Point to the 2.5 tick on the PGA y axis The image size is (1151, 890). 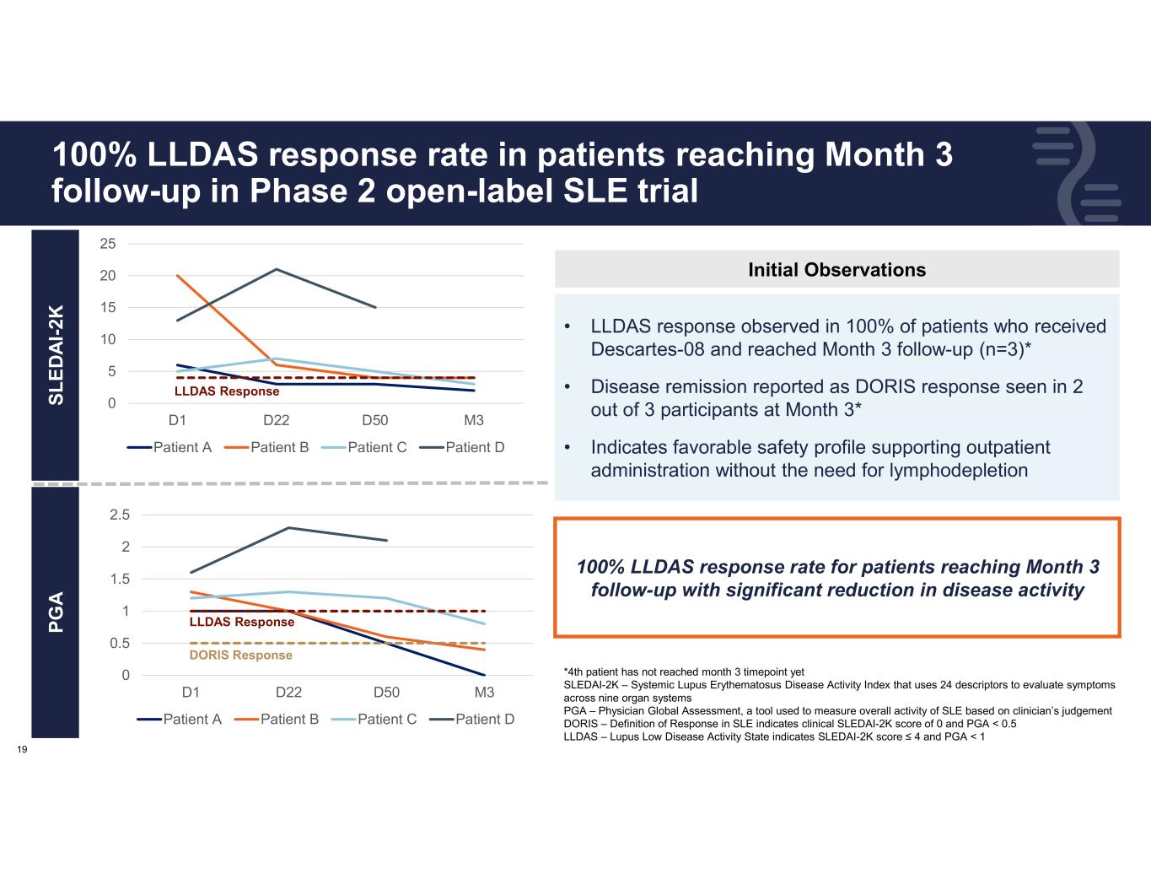[x=121, y=515]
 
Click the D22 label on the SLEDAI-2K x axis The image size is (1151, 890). [x=277, y=420]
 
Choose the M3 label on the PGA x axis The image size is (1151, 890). [x=484, y=693]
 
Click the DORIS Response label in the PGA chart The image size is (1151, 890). [x=240, y=655]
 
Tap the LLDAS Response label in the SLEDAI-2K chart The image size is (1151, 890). [x=227, y=391]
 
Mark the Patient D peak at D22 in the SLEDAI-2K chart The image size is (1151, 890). [x=277, y=269]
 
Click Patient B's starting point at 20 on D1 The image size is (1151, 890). [x=178, y=276]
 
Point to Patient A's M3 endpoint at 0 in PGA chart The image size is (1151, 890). [x=484, y=675]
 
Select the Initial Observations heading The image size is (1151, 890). [x=836, y=270]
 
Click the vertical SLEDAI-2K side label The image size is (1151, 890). [x=56, y=354]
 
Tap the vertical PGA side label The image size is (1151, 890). [x=56, y=613]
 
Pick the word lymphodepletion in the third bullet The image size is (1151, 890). [x=959, y=470]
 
